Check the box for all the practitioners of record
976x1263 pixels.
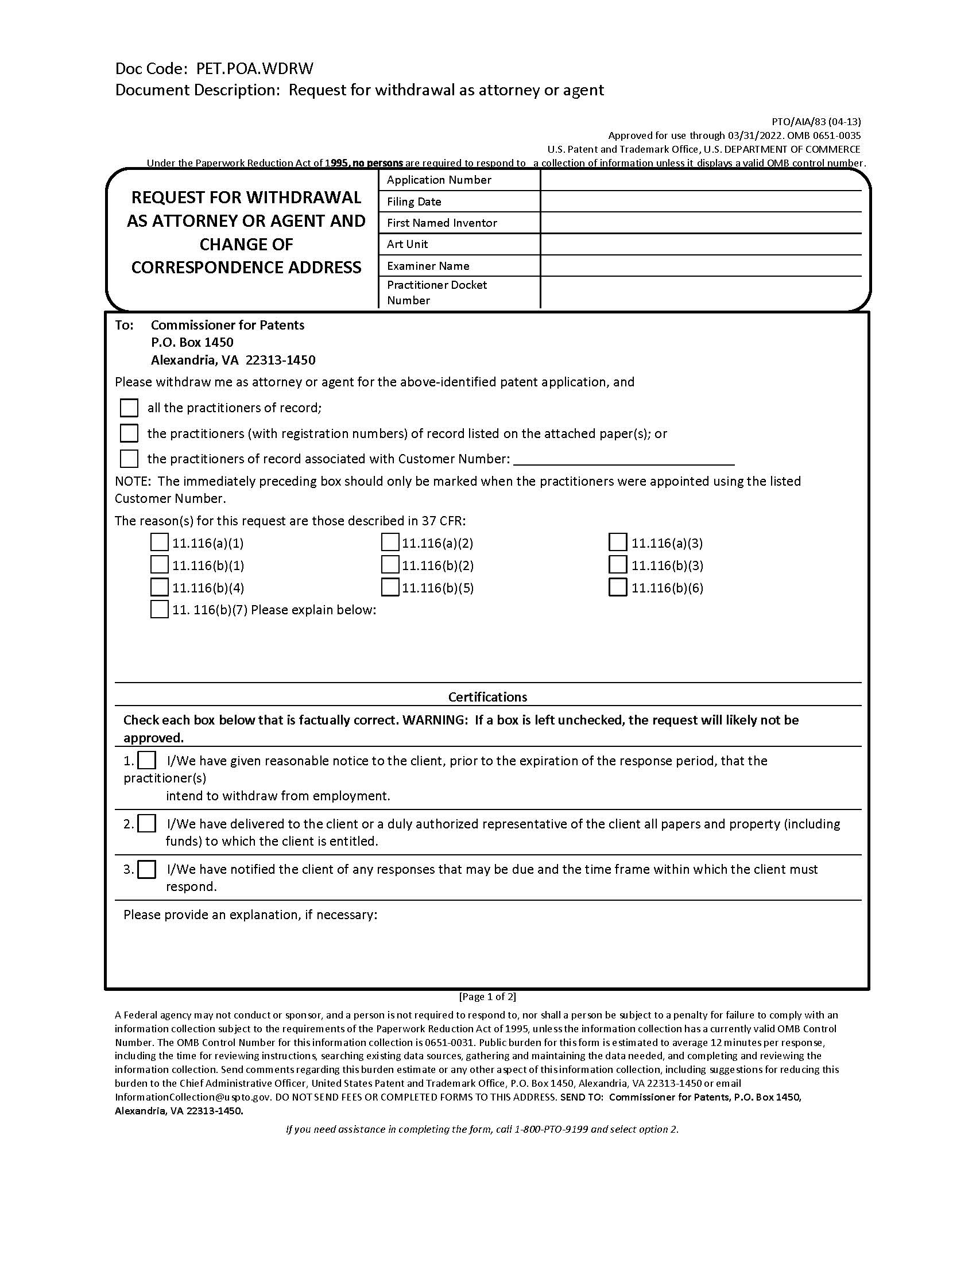point(129,408)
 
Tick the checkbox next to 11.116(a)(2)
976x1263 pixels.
point(390,543)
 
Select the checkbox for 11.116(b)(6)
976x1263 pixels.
point(618,587)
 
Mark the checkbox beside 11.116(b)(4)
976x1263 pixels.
point(159,587)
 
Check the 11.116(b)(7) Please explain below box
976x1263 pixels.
point(159,610)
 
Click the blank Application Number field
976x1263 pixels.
point(701,180)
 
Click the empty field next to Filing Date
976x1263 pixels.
point(701,202)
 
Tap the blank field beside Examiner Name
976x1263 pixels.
point(701,265)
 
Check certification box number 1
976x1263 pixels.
point(147,760)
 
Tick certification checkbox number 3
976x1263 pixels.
point(147,869)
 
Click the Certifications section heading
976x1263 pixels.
point(487,697)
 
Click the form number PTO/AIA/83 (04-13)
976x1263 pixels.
point(816,122)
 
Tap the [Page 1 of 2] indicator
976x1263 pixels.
point(487,997)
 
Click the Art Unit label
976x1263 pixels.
point(407,244)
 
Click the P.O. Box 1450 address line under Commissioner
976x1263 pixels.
point(192,342)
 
